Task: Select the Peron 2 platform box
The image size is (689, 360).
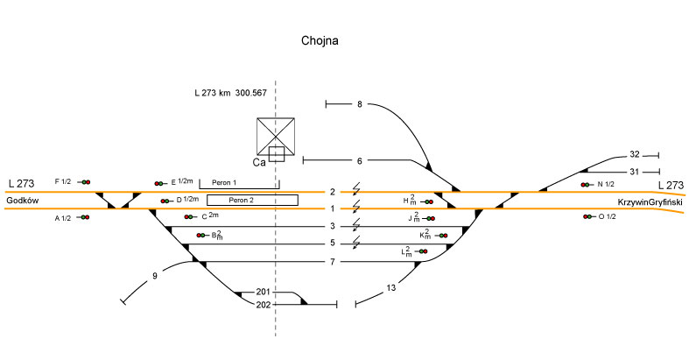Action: [x=252, y=200]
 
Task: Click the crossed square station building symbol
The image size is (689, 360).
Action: [x=277, y=136]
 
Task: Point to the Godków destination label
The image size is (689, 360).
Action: [x=22, y=201]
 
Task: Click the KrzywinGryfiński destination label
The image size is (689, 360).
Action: [x=650, y=201]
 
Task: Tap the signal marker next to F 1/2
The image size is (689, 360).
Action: [x=84, y=182]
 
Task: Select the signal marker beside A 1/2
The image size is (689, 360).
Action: [x=83, y=217]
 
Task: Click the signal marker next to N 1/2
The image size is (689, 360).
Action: [x=586, y=185]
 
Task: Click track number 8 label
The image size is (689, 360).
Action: [x=359, y=105]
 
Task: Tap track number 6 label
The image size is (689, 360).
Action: [x=359, y=160]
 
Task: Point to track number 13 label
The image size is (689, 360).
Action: [x=391, y=287]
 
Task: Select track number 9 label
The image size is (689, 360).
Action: [x=155, y=277]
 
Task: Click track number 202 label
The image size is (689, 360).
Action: [x=263, y=305]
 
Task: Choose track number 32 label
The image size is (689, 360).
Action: [x=635, y=155]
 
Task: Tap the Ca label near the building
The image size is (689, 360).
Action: [x=259, y=162]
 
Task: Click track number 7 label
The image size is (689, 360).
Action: [x=333, y=262]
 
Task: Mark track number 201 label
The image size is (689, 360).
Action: [x=263, y=292]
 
